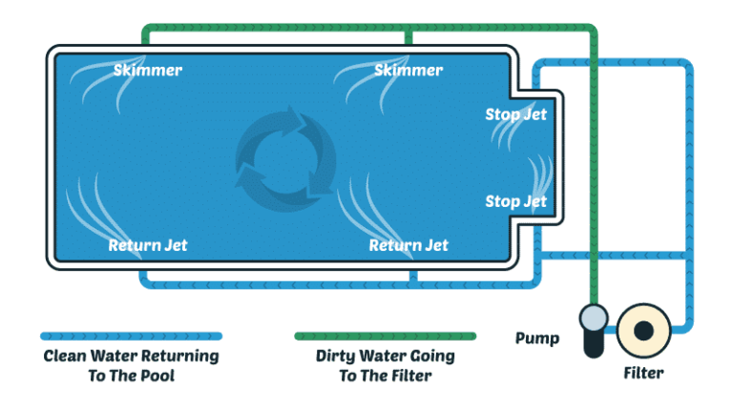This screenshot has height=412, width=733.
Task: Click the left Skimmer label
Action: tap(148, 71)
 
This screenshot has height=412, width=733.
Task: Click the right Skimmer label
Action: tap(408, 71)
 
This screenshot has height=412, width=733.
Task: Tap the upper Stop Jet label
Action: tap(515, 115)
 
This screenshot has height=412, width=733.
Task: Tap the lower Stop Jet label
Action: tap(515, 201)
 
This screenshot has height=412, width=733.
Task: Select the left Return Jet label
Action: tap(148, 245)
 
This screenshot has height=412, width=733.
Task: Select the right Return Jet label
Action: tap(408, 245)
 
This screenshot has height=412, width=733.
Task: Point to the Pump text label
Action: tap(536, 338)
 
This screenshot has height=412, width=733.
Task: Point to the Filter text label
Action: tap(643, 372)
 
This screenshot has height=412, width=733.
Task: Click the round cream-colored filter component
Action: tap(643, 330)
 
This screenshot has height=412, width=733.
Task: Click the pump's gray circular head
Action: tap(594, 316)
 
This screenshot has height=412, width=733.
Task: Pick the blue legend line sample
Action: tap(131, 336)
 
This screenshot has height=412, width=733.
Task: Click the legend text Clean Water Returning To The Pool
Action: tap(131, 365)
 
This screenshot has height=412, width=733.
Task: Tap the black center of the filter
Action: tap(644, 330)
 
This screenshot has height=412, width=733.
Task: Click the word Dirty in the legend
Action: tap(338, 356)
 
